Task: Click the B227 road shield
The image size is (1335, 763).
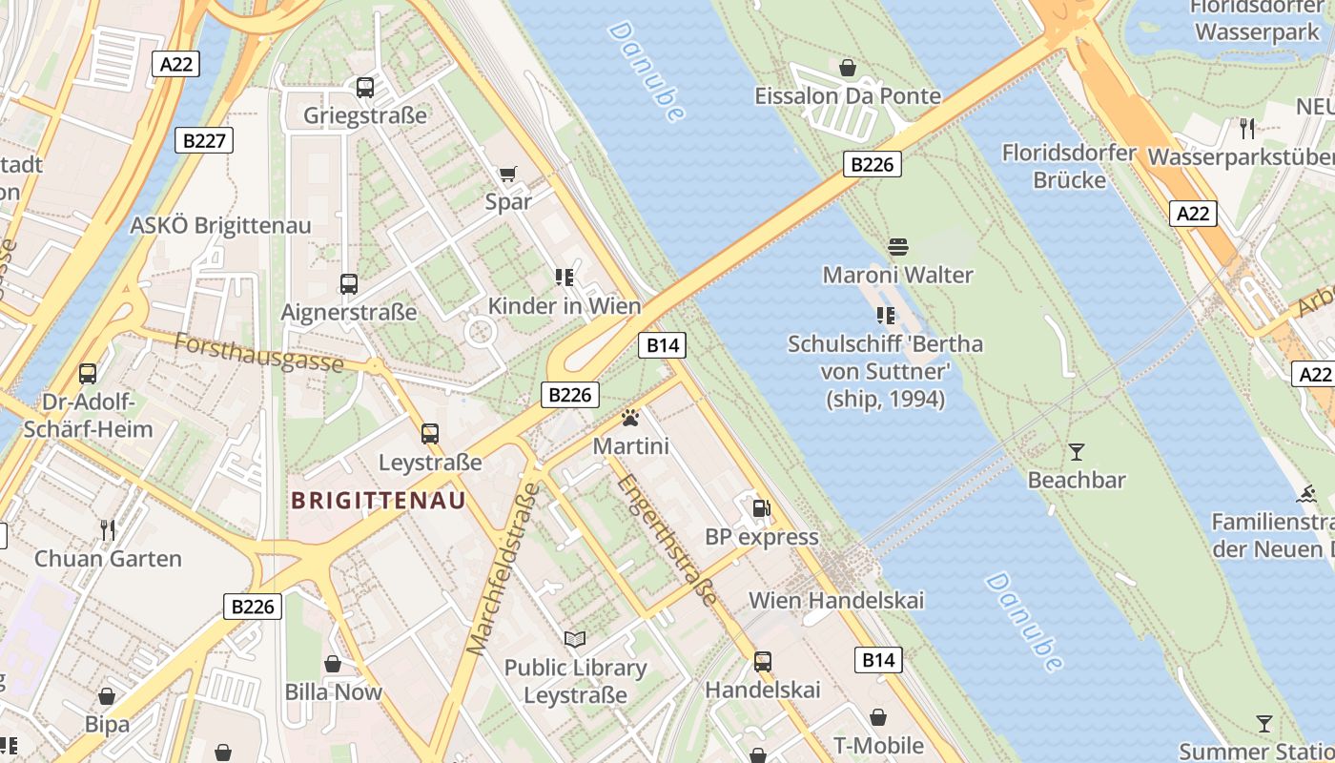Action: pyautogui.click(x=204, y=141)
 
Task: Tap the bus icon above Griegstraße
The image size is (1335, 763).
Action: pyautogui.click(x=364, y=88)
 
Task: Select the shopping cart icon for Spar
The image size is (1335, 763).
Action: pyautogui.click(x=507, y=174)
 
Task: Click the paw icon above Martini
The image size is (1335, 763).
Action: pyautogui.click(x=629, y=418)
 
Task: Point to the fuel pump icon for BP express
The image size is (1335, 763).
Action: pyautogui.click(x=761, y=508)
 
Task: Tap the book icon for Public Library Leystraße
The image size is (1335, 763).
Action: pyautogui.click(x=574, y=639)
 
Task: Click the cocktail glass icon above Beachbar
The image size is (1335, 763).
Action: pyautogui.click(x=1077, y=451)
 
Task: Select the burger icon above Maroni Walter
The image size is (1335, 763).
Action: pyautogui.click(x=897, y=247)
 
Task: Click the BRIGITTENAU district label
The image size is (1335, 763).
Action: pyautogui.click(x=379, y=501)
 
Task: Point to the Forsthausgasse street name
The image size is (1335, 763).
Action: pyautogui.click(x=259, y=353)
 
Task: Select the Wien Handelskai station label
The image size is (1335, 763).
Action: pyautogui.click(x=836, y=601)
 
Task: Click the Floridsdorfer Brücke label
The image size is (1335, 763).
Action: pyautogui.click(x=1069, y=166)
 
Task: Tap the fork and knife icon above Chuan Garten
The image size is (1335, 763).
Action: pyautogui.click(x=108, y=529)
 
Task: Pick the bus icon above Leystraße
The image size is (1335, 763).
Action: pyautogui.click(x=430, y=434)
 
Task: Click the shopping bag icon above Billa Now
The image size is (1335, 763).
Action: pyautogui.click(x=333, y=664)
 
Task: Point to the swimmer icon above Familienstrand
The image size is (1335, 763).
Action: pyautogui.click(x=1306, y=494)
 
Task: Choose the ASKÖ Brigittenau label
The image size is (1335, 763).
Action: pyautogui.click(x=220, y=226)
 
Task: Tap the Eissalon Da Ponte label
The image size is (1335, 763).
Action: pyautogui.click(x=848, y=96)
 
